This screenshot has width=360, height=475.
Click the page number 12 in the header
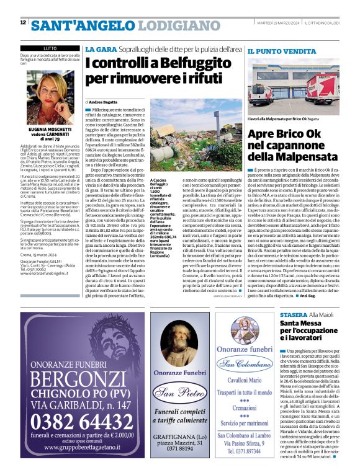coord(23,23)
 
